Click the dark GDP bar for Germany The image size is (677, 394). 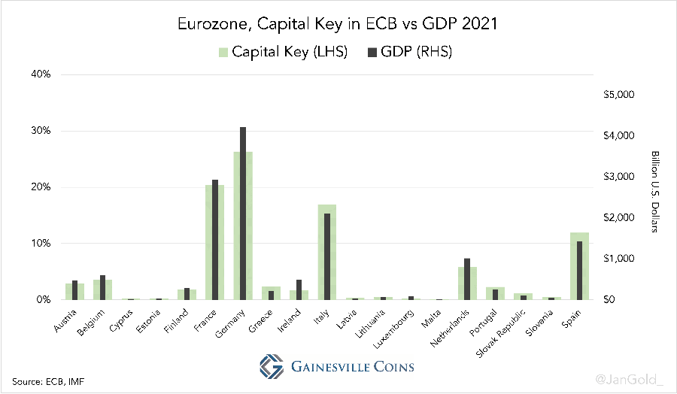[243, 214]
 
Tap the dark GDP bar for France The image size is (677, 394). [215, 240]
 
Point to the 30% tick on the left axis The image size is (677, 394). [40, 131]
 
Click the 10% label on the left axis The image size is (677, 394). [40, 244]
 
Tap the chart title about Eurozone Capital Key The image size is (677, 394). [337, 24]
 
